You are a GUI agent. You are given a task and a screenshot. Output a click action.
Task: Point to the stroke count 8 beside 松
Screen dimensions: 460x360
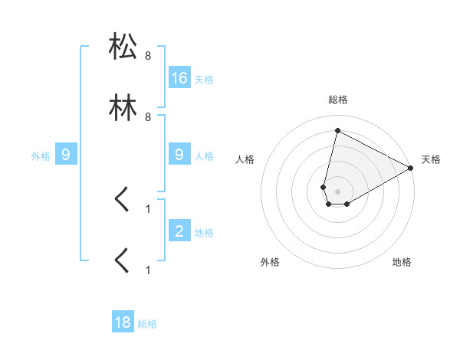[148, 57]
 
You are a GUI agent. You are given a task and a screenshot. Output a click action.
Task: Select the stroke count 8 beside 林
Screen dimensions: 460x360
[148, 116]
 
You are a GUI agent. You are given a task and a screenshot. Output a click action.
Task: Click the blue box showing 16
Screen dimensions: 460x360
[179, 77]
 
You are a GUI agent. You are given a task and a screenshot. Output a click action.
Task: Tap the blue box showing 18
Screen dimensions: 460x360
[123, 322]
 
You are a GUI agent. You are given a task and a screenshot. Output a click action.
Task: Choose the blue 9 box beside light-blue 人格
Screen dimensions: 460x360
[179, 155]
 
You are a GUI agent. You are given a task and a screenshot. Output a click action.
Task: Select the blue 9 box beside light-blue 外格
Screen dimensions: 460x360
[66, 155]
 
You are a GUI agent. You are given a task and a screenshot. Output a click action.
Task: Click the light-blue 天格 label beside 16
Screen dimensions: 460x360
[203, 80]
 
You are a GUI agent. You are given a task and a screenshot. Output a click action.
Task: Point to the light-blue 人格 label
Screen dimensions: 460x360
[203, 156]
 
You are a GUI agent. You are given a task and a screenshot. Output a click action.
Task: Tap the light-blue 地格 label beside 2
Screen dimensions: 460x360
[203, 232]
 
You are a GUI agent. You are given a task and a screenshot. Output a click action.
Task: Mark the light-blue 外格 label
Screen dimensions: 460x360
[41, 156]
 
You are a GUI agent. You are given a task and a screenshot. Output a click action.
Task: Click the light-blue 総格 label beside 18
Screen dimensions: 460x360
[147, 325]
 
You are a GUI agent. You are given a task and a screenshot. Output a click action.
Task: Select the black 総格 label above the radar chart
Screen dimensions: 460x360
[337, 100]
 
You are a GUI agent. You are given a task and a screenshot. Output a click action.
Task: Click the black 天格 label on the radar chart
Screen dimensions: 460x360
[431, 159]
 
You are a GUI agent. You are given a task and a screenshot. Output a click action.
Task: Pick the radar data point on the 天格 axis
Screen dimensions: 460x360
[411, 169]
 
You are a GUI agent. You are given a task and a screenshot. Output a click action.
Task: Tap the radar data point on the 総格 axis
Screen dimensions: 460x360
[337, 131]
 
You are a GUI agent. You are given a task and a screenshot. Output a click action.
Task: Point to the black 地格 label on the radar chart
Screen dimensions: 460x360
[402, 262]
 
